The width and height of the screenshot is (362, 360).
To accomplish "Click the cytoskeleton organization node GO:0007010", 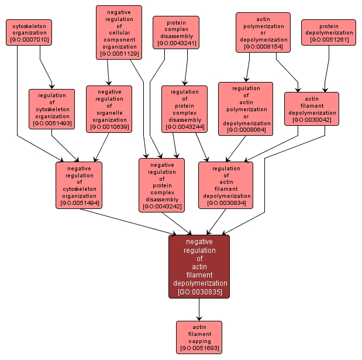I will coord(29,32).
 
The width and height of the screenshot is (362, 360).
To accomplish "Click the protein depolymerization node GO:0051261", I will coord(329,32).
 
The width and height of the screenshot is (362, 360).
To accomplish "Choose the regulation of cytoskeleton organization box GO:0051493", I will coord(52,108).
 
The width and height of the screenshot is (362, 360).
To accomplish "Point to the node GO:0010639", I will coord(109,108).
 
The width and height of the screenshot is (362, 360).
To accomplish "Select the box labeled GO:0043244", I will coord(184,108).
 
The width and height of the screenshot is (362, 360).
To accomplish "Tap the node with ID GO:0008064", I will coord(246,109).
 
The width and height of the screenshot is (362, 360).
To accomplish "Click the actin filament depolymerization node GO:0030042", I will coord(312,109).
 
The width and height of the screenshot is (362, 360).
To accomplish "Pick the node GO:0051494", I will coord(79,184).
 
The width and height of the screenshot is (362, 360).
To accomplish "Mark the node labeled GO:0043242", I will coord(161,184).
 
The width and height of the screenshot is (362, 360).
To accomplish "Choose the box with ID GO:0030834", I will coord(226,184).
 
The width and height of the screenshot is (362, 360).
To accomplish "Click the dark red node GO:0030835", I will coord(199,266).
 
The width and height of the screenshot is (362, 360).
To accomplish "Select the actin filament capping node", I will coord(199,337).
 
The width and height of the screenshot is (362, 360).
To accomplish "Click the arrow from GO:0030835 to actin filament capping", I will coord(199,310).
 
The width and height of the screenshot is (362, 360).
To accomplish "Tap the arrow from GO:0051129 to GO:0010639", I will coord(108,73).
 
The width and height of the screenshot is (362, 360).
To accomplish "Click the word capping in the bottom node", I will coord(199,341).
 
